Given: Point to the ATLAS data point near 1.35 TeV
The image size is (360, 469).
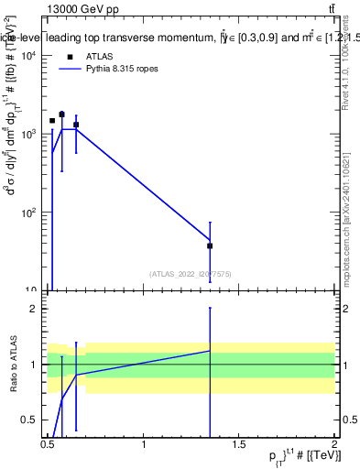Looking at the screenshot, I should coord(210,245).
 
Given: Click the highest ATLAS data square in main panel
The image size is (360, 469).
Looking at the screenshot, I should coord(61,115).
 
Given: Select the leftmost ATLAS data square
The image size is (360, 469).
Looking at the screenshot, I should coord(52,121).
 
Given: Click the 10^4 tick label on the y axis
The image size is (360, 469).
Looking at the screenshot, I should coord(28,56).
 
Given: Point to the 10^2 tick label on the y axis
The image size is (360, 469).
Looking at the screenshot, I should coord(28,213).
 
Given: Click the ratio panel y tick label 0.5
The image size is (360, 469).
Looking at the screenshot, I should coord(30,420).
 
